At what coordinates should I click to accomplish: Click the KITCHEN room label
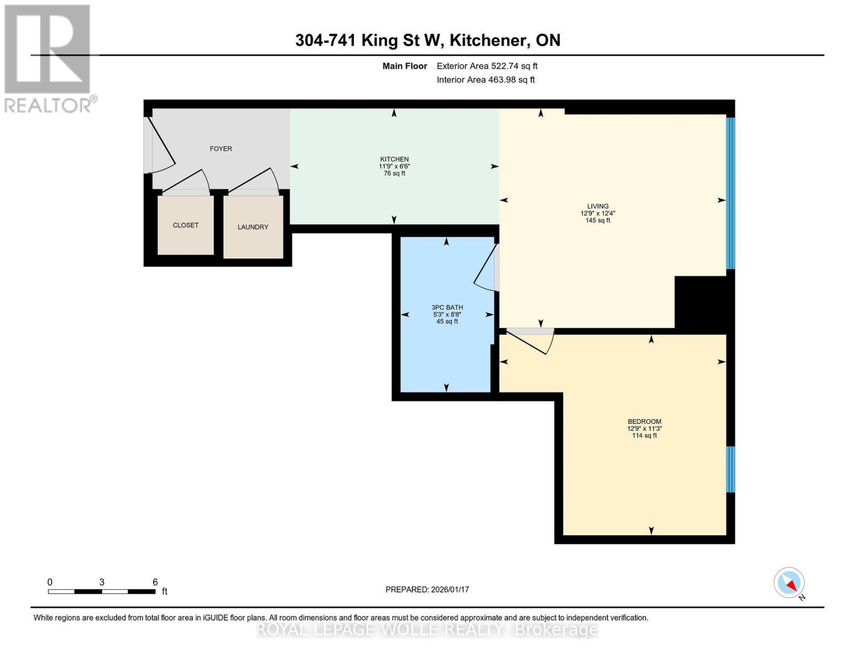(x=394, y=159)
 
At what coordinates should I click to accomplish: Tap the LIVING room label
(x=597, y=206)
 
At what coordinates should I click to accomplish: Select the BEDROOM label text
(x=644, y=421)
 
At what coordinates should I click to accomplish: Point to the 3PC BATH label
(x=447, y=307)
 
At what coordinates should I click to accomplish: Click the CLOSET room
(x=186, y=225)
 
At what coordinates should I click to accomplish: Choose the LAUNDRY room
(x=253, y=227)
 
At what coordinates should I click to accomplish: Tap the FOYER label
(x=221, y=149)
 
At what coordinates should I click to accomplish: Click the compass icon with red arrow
(x=789, y=583)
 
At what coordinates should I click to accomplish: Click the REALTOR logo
(x=48, y=58)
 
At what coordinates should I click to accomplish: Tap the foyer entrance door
(x=160, y=146)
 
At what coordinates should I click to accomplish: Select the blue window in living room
(x=731, y=193)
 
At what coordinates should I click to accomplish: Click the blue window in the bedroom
(x=731, y=469)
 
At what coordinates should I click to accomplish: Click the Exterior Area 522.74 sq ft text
(x=487, y=66)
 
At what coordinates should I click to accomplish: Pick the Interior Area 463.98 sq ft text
(x=486, y=80)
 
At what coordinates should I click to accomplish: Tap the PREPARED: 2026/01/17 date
(x=427, y=589)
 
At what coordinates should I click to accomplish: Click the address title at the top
(x=427, y=40)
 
